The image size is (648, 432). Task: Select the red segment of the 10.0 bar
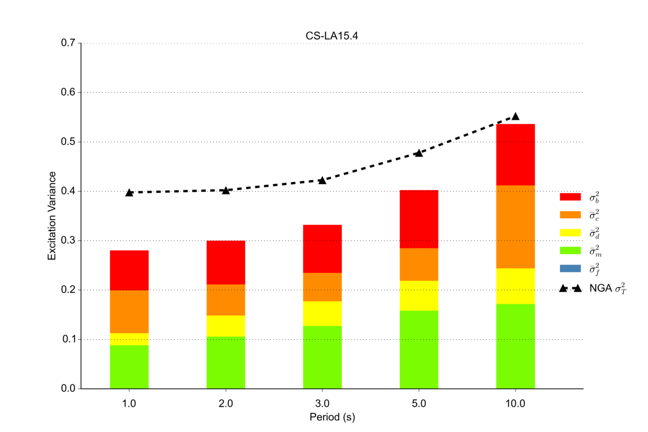coord(515,154)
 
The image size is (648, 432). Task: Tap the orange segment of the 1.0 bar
coord(129,312)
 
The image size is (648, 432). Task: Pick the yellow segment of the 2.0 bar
coord(226,326)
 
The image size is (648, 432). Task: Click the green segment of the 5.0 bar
coord(418,349)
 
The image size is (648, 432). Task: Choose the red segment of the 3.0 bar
coord(322,248)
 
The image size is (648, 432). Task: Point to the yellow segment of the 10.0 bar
coord(515,286)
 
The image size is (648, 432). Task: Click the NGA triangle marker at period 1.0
coord(129,192)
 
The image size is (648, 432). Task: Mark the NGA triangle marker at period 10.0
coord(515,116)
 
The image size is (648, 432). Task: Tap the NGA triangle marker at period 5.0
coord(418,153)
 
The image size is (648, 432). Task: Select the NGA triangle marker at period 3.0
coord(322,180)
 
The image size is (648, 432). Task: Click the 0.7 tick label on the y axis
coord(67,43)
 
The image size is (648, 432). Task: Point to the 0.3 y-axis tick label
coord(67,241)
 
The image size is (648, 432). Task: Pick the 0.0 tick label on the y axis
coord(67,389)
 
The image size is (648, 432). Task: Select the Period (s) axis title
coord(332,417)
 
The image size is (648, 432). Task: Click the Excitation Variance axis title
coord(52,216)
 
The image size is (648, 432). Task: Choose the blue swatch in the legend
coord(570,268)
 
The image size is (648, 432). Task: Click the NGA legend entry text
coord(607,289)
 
